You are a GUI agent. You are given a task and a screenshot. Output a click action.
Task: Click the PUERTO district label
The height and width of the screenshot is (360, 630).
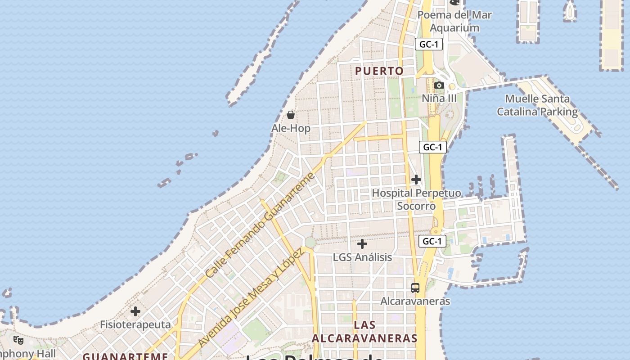[379, 71]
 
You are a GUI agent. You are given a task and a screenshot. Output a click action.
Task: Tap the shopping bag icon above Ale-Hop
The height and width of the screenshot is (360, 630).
[291, 115]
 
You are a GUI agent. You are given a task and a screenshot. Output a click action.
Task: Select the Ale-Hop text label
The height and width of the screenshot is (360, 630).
[291, 128]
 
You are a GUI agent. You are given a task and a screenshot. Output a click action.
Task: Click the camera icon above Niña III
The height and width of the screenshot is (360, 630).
[439, 85]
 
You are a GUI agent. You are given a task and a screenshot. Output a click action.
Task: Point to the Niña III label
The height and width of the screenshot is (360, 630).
[439, 98]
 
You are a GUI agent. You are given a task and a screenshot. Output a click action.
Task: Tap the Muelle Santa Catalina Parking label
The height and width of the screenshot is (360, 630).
[537, 105]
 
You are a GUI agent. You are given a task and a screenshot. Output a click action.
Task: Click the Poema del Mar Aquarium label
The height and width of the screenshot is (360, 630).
[454, 21]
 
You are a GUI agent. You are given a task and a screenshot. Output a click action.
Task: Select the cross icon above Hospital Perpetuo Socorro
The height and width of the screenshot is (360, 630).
[416, 180]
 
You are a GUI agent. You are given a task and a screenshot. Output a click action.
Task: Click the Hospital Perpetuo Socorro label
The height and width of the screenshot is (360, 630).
[416, 199]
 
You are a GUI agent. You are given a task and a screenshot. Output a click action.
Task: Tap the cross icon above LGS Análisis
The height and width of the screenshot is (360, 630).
[362, 244]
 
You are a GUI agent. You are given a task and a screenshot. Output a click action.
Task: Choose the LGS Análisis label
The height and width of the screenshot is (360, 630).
[362, 257]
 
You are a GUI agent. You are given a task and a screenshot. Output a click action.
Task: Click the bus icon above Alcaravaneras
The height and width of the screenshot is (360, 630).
[415, 288]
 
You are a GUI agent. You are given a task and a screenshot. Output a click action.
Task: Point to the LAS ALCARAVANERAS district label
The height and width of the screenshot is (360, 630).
[364, 332]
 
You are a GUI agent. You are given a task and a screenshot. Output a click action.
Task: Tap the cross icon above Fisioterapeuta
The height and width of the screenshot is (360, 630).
[135, 311]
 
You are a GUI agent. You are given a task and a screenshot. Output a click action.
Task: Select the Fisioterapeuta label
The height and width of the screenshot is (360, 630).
[135, 324]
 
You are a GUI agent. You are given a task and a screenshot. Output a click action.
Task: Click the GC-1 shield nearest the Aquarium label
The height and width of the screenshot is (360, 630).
[429, 44]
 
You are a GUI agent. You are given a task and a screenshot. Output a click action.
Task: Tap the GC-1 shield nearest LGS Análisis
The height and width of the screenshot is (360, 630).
[432, 241]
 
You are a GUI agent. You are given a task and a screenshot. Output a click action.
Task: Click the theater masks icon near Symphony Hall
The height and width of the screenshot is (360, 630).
[18, 340]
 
